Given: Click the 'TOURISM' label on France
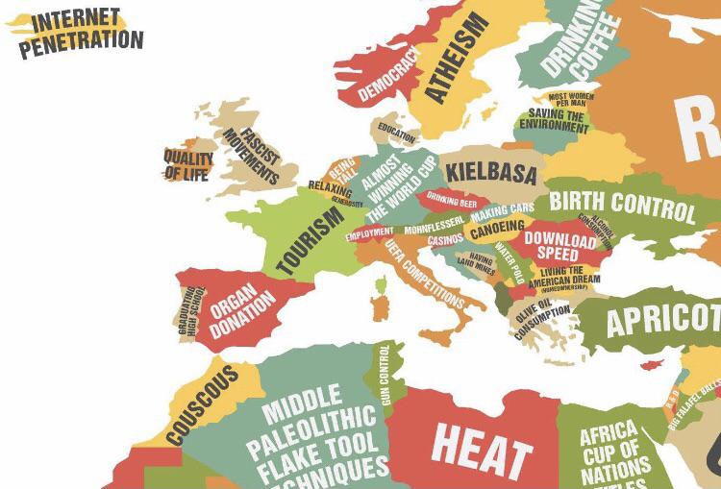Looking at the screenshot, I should pyautogui.click(x=310, y=240).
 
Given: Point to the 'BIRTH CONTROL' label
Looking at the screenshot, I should pyautogui.click(x=622, y=204).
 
